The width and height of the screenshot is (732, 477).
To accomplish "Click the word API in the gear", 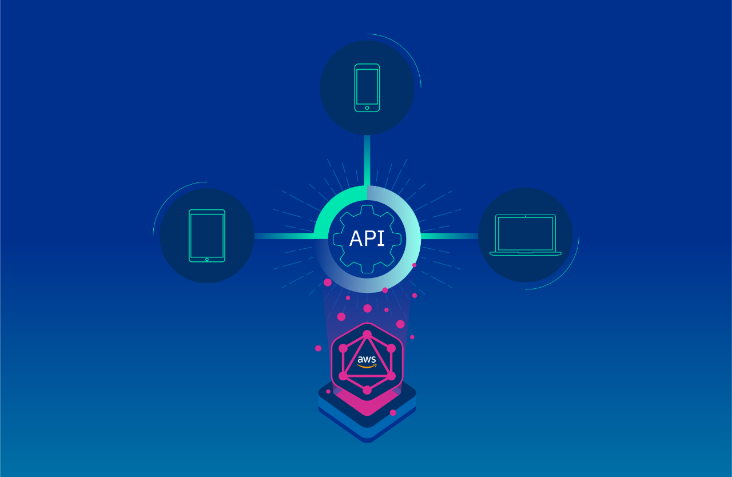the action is coord(367,238).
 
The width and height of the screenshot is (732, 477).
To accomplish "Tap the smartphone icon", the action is coord(367,88).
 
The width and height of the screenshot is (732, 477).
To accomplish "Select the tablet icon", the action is coord(207,236).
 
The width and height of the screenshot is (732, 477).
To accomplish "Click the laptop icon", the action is coord(525,235).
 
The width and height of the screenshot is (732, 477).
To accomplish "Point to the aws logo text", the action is coord(367,359).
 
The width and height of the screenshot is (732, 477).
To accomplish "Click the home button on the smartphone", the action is coord(367,108).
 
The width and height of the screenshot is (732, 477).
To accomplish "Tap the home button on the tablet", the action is coord(207,259).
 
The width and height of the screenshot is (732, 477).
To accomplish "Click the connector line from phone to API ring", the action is coord(367,160).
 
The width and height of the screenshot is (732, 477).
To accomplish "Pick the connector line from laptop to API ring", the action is coord(449,236).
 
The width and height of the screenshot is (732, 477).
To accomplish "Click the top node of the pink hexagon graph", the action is coord(367,334).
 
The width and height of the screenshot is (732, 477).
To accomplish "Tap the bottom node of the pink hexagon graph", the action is coord(367,390).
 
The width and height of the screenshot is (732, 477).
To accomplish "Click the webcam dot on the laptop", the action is coord(526,216).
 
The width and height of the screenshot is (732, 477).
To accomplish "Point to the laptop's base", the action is coord(525,253).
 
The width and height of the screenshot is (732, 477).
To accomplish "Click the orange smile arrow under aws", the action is coord(367,366).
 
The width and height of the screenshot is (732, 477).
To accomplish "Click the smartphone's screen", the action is coord(367,86).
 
